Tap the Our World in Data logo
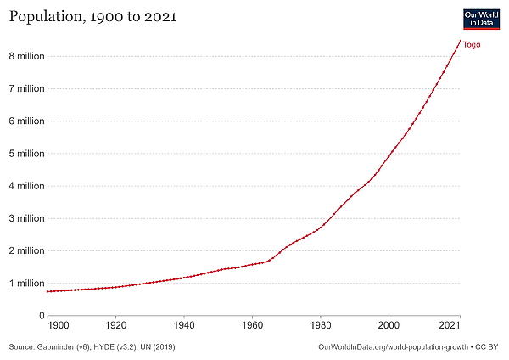481,20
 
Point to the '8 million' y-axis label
26,56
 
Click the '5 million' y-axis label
26,154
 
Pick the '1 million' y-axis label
26,283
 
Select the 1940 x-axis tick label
184,325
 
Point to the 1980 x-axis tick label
320,325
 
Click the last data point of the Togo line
460,41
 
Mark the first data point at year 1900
48,291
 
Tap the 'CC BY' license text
487,347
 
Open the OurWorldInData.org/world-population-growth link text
391,347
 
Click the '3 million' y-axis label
26,218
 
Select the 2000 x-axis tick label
389,325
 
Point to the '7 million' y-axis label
26,88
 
